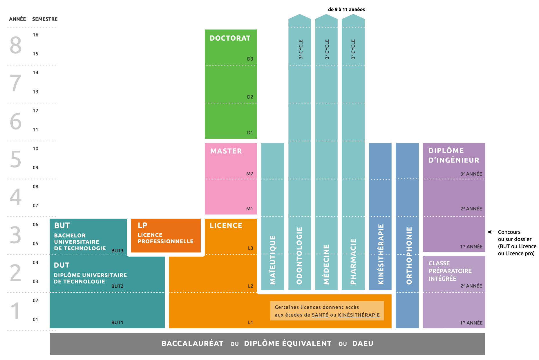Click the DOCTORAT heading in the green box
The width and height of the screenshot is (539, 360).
(x=230, y=38)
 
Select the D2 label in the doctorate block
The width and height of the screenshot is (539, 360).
(x=250, y=97)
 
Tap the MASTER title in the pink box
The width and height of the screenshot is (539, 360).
(x=226, y=151)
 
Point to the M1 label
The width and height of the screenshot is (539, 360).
(x=249, y=209)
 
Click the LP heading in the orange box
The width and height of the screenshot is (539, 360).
(x=142, y=225)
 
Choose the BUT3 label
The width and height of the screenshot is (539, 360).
(x=117, y=251)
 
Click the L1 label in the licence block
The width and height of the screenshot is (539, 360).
(x=250, y=322)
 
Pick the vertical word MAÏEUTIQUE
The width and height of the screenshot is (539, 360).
(x=273, y=260)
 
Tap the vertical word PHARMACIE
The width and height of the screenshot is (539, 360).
(x=353, y=261)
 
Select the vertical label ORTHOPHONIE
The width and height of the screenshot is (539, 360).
(x=409, y=255)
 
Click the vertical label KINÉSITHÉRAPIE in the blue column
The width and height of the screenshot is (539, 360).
(x=381, y=254)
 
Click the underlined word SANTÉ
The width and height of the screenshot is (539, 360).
(x=320, y=315)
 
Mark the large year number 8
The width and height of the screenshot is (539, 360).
(x=16, y=45)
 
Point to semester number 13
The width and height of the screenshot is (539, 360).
(x=35, y=92)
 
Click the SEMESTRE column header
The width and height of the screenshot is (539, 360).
(x=45, y=19)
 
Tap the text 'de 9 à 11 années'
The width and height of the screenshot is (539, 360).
(x=346, y=10)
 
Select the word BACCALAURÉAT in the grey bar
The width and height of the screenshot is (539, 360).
(x=192, y=344)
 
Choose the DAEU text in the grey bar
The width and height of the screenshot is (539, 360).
(x=363, y=344)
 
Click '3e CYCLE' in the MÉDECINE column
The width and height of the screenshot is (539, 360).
(x=327, y=49)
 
